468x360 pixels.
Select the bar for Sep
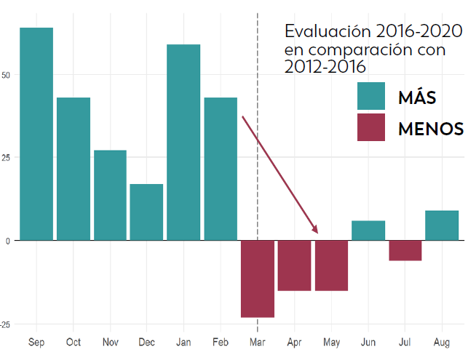coord(36,134)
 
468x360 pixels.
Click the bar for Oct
coord(74,169)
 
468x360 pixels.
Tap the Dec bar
coord(147,212)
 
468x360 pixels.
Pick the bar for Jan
coord(183,142)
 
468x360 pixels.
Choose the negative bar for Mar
coord(258,279)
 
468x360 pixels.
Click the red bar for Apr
coord(294,265)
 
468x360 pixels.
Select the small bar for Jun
coord(368,230)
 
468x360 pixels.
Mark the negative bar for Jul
coord(405,250)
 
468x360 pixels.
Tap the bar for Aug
coord(442,225)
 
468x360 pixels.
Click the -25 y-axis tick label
coord(6,324)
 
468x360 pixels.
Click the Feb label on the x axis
coord(221,342)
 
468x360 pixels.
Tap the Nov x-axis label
coord(110,342)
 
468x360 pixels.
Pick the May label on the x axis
coord(331,342)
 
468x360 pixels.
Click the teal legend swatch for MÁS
coord(371,96)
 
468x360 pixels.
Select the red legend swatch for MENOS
coord(371,127)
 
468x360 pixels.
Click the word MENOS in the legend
coord(431,129)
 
